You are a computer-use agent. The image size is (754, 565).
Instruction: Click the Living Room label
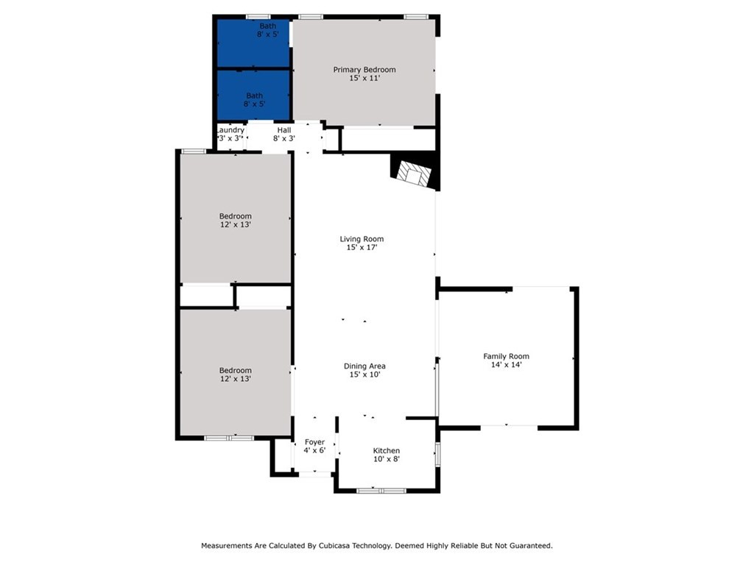[x=362, y=238]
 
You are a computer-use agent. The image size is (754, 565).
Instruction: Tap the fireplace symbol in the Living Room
[x=412, y=174]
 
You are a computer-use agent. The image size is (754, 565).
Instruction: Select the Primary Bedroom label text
[x=364, y=70]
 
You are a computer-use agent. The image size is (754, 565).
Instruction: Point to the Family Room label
[x=506, y=356]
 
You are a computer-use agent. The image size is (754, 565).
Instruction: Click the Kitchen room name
[x=387, y=450]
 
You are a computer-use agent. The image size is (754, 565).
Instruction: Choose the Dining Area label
[x=364, y=366]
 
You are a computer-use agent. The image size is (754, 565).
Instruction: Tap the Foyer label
[x=314, y=441]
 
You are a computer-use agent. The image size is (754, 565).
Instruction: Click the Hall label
[x=283, y=129]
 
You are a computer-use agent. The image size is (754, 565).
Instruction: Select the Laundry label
[x=230, y=129]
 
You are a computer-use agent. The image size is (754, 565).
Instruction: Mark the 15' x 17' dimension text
[x=362, y=248]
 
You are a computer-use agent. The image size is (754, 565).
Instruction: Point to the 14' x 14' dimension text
[x=506, y=365]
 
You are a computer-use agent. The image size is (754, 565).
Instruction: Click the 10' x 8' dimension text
[x=387, y=459]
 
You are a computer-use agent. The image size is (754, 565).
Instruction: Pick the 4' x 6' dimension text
[x=314, y=450]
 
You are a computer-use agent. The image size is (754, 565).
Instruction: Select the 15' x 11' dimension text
[x=364, y=79]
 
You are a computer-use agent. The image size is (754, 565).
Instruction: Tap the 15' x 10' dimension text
[x=364, y=374]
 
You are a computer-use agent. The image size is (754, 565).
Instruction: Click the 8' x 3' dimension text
[x=283, y=138]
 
